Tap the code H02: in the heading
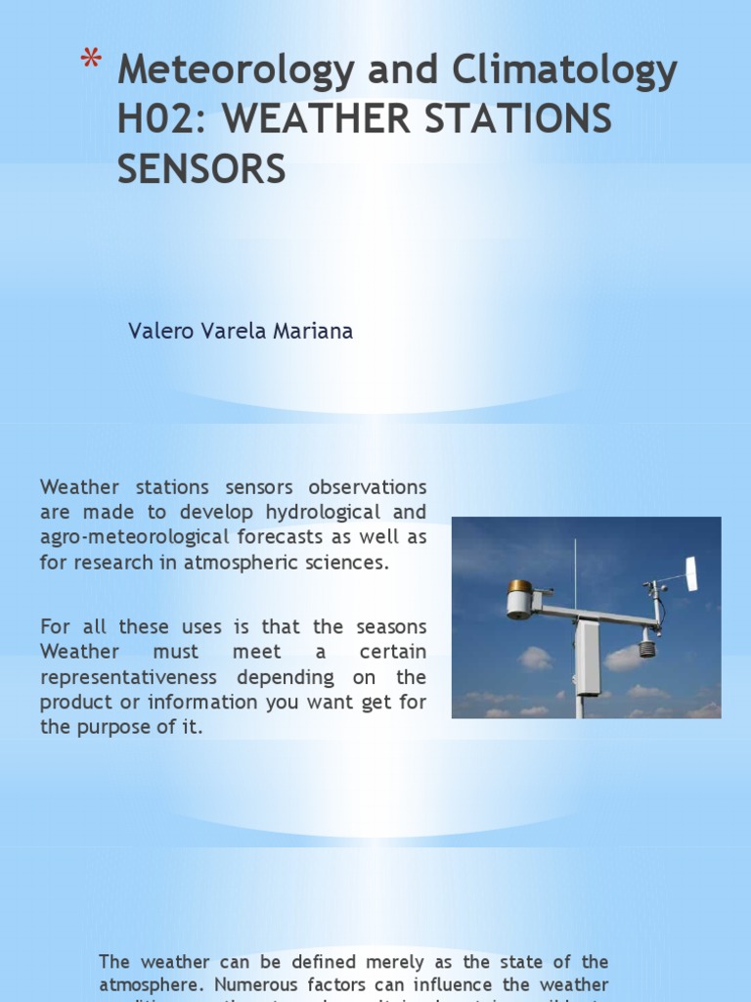tap(165, 119)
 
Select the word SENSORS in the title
tap(201, 168)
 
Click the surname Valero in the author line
tap(157, 332)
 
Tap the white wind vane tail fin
tap(691, 573)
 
